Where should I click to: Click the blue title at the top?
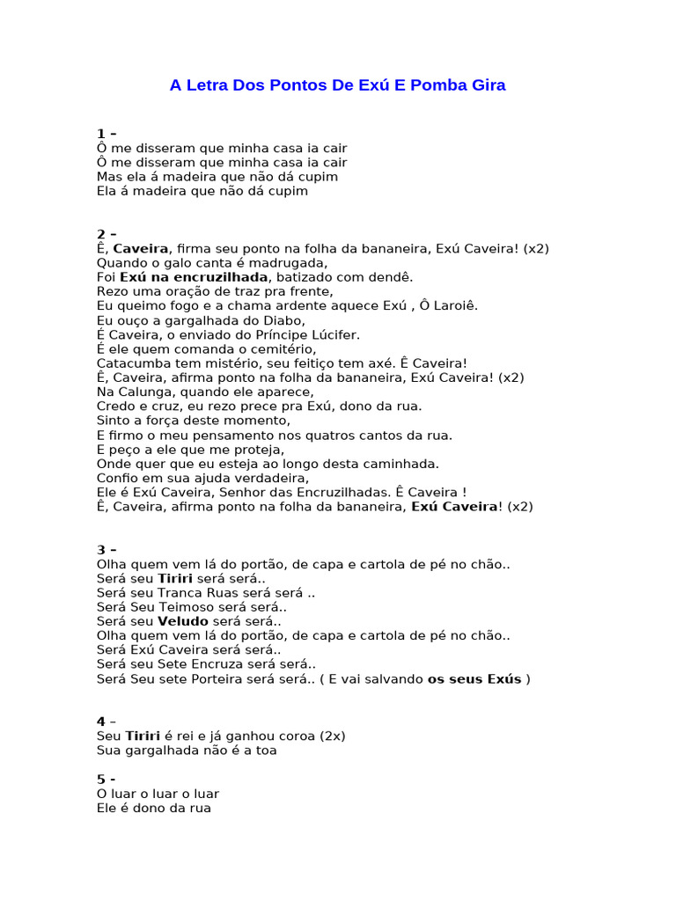337,85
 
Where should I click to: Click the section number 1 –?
107,134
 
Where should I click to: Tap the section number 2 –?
107,234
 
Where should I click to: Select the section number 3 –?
107,550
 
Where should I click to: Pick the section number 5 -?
106,779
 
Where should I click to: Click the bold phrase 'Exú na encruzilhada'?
194,277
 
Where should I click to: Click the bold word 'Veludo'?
183,621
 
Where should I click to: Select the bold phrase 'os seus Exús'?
474,678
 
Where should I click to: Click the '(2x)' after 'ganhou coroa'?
333,736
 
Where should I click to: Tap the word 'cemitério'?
283,348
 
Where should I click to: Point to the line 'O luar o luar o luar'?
158,794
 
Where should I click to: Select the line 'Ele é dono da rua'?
154,808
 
